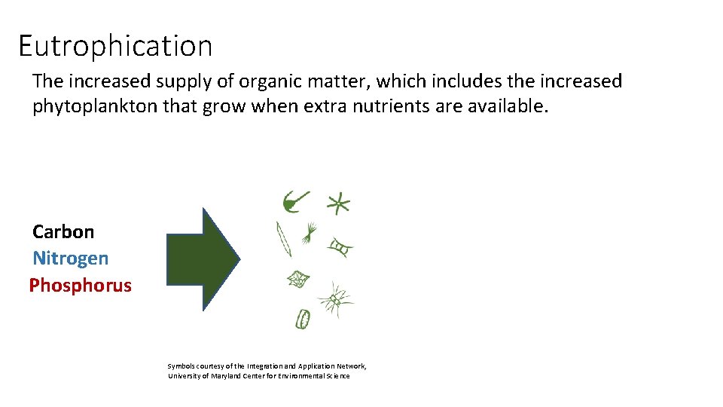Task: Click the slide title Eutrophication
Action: point(115,46)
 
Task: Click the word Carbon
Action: point(63,231)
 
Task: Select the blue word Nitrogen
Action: point(70,259)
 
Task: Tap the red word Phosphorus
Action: point(80,286)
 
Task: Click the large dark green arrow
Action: point(203,259)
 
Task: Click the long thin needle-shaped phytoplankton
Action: point(283,239)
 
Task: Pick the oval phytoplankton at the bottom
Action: point(302,319)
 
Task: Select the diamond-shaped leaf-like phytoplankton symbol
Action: point(297,280)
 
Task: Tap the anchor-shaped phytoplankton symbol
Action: point(294,200)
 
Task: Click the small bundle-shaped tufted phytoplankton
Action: point(309,234)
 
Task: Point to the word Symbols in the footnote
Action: point(181,366)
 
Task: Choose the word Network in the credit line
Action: point(350,366)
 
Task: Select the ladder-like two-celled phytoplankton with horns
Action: point(340,247)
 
